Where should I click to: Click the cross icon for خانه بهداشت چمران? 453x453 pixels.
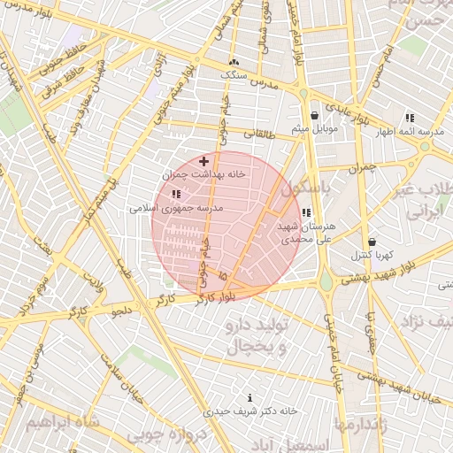[x=204, y=161]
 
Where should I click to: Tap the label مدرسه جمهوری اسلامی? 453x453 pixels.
[x=176, y=208]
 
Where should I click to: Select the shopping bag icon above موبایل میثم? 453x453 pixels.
[x=314, y=116]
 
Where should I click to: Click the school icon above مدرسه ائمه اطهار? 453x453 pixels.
[x=409, y=117]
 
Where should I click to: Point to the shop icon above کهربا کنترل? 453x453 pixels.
[x=371, y=242]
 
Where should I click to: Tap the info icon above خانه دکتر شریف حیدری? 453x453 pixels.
[x=250, y=398]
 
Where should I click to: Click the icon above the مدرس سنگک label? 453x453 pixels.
[x=234, y=63]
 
